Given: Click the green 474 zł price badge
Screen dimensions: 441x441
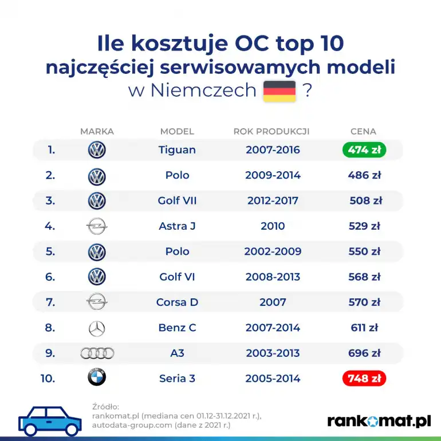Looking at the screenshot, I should pyautogui.click(x=364, y=150).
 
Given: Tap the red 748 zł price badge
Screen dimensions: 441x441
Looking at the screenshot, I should pyautogui.click(x=364, y=379).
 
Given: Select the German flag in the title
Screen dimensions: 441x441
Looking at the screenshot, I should pyautogui.click(x=279, y=91).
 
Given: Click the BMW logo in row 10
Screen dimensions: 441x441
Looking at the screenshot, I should pyautogui.click(x=97, y=378).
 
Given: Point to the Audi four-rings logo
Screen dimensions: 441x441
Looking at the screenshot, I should pyautogui.click(x=97, y=353).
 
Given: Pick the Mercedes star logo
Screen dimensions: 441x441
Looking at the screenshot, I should pyautogui.click(x=97, y=328).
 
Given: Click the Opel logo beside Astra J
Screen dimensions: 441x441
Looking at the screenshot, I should pyautogui.click(x=97, y=226).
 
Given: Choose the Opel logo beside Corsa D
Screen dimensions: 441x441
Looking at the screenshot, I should pyautogui.click(x=97, y=302).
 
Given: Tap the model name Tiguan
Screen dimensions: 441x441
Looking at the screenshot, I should pyautogui.click(x=177, y=150).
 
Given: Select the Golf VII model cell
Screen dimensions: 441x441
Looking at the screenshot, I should pyautogui.click(x=177, y=201).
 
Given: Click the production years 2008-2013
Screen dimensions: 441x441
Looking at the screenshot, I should pyautogui.click(x=273, y=277).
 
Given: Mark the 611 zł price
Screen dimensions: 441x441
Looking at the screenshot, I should pyautogui.click(x=364, y=328).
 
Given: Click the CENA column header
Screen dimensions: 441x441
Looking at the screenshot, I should pyautogui.click(x=363, y=131).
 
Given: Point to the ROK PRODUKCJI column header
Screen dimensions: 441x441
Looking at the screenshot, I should pyautogui.click(x=271, y=131).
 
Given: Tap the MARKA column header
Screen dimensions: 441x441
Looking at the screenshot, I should pyautogui.click(x=97, y=131).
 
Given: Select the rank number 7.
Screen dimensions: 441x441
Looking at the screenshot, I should pyautogui.click(x=50, y=302).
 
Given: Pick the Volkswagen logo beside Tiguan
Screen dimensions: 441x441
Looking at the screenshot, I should pyautogui.click(x=97, y=150).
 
